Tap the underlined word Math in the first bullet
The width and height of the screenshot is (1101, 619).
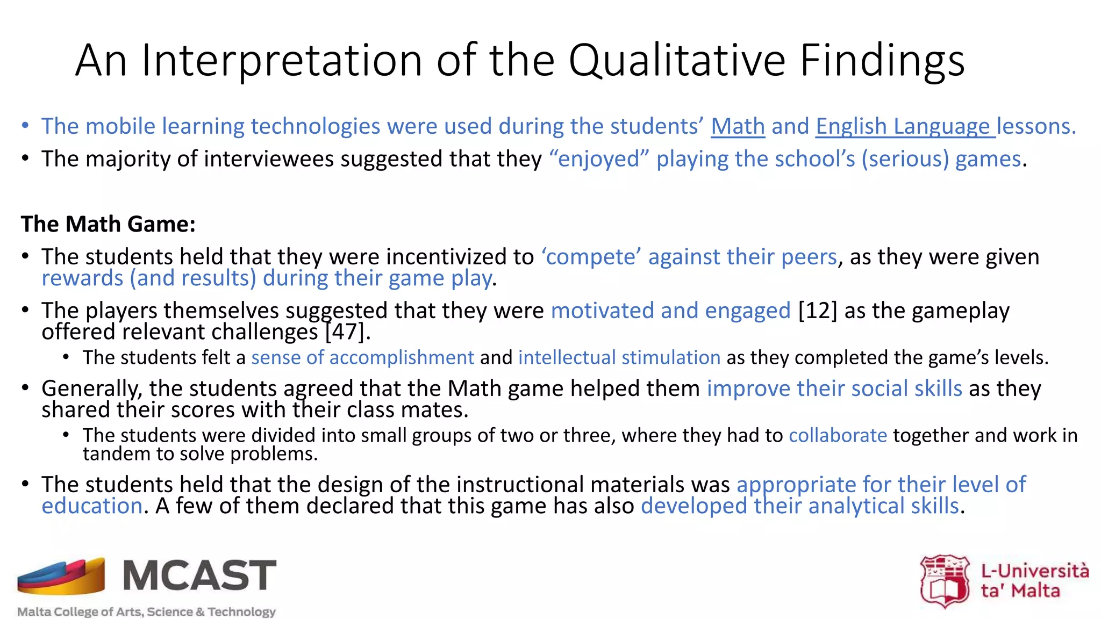click(738, 127)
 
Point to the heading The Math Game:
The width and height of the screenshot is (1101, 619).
click(108, 224)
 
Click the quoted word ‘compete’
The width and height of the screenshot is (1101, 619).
click(591, 257)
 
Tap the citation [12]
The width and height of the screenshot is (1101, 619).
click(818, 311)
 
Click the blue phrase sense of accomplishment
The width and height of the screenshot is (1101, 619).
click(362, 358)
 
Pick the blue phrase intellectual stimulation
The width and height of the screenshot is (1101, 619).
click(619, 358)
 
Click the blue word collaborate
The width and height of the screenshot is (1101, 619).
click(838, 435)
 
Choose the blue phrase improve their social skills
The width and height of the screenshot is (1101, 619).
click(834, 388)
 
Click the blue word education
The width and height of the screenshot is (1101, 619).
click(92, 506)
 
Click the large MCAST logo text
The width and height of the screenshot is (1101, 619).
click(199, 575)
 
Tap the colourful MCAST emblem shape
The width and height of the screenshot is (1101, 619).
click(61, 576)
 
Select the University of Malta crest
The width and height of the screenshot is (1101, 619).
click(945, 581)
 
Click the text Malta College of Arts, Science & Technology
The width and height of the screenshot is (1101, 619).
click(146, 611)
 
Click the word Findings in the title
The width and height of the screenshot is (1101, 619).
click(882, 60)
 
